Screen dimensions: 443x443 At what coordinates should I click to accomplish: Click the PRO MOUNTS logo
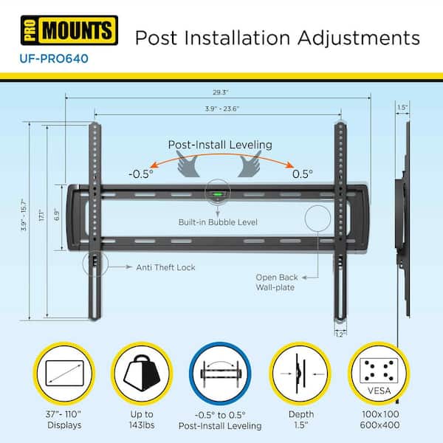(69, 32)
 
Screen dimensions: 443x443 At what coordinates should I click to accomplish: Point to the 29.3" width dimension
(218, 92)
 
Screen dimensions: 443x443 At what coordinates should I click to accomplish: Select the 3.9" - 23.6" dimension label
(218, 109)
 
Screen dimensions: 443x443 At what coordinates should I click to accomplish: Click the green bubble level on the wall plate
(217, 196)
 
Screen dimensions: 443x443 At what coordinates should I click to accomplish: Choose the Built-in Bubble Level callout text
(217, 222)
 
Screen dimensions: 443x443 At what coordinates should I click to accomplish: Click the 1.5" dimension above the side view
(402, 107)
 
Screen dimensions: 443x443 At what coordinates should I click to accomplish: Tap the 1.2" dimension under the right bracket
(339, 334)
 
